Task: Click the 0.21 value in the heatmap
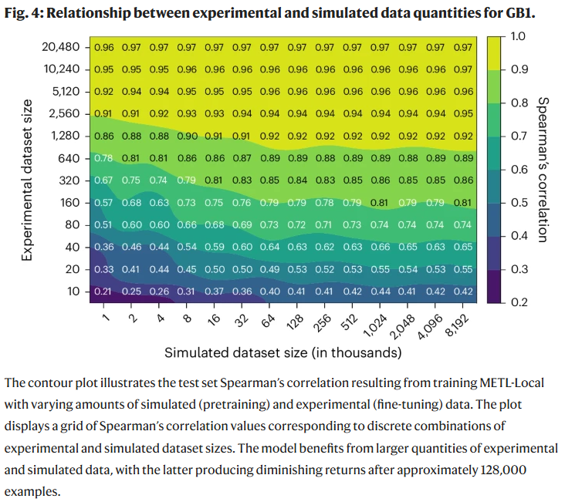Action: [103, 292]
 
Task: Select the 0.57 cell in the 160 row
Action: [103, 203]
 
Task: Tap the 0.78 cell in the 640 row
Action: [103, 158]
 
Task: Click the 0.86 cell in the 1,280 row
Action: [103, 136]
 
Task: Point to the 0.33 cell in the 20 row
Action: [103, 270]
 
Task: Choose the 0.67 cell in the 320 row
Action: [103, 180]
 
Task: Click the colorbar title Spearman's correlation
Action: [542, 169]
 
